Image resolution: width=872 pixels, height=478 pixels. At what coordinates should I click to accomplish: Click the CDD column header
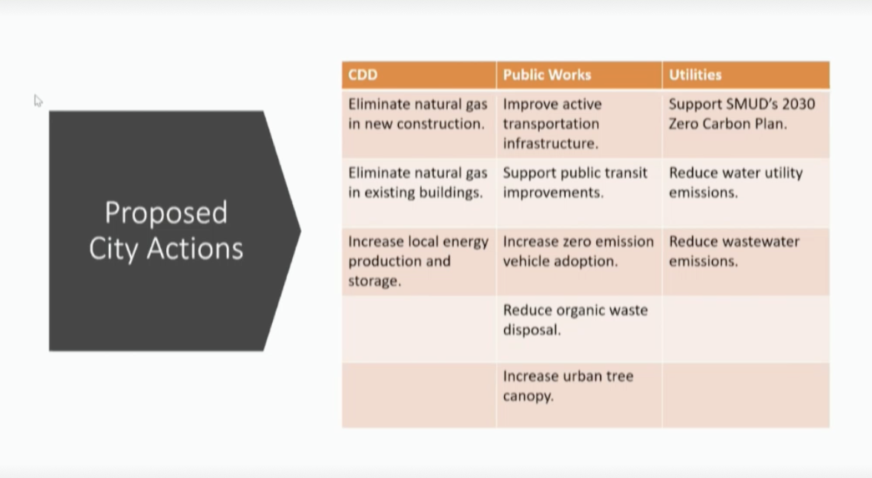(x=419, y=75)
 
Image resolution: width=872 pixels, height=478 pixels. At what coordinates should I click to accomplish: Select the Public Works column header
(x=579, y=75)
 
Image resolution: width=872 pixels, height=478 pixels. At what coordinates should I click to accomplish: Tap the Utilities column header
(x=746, y=75)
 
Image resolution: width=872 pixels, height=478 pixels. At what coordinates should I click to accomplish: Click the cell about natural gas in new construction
(x=419, y=123)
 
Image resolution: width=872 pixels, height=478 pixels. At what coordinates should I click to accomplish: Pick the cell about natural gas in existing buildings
(x=419, y=192)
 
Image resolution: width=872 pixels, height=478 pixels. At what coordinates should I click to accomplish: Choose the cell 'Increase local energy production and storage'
(x=419, y=261)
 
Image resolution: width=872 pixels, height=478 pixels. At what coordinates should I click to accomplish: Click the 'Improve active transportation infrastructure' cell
(x=579, y=123)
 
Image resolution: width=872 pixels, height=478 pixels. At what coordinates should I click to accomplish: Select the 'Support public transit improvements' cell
(x=579, y=192)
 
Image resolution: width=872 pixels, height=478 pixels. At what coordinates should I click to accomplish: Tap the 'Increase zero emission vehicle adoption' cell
(x=579, y=261)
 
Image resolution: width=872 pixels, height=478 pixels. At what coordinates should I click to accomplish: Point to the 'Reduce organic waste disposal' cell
(x=579, y=329)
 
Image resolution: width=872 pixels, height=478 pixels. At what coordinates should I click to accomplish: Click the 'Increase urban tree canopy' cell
(x=579, y=395)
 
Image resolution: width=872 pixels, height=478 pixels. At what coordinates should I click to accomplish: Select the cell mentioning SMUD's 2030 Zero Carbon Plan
(x=746, y=123)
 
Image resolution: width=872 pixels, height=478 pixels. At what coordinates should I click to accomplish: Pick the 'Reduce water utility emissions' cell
(x=746, y=192)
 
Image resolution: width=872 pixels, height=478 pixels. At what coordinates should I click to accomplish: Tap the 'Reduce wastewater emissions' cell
(x=746, y=261)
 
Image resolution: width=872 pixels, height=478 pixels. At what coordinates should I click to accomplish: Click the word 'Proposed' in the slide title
(x=166, y=213)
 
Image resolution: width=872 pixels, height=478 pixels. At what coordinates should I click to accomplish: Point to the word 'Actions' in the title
(x=194, y=248)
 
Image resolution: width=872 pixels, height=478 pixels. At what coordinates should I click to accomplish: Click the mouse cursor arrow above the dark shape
(x=38, y=101)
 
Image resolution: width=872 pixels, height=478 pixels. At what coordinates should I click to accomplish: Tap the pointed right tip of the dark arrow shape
(x=301, y=230)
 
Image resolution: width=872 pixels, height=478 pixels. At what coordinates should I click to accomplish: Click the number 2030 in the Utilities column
(x=799, y=104)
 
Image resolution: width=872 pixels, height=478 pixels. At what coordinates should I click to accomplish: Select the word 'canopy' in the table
(x=528, y=397)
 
